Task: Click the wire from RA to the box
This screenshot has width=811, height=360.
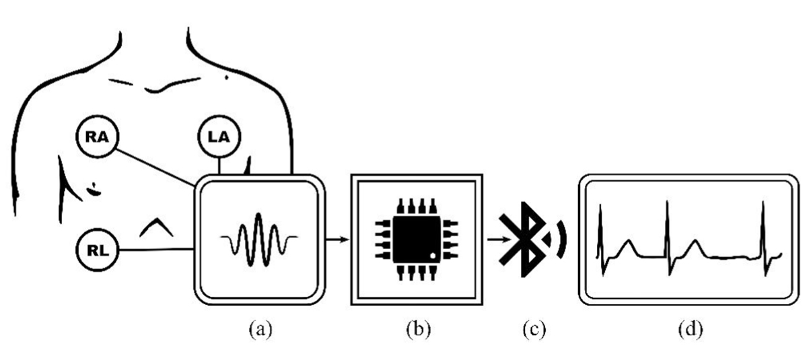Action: coord(155,168)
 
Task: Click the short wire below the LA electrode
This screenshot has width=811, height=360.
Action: coord(219,166)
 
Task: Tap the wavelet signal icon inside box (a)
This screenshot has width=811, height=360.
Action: coord(259,240)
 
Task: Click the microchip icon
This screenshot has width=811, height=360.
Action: coord(417,239)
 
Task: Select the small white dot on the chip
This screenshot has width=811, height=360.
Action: coord(432,256)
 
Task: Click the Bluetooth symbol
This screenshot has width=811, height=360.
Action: coord(522,240)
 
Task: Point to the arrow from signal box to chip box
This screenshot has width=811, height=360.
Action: coord(337,240)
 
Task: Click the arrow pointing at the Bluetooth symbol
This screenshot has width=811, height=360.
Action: coord(499,239)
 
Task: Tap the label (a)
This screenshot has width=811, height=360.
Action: coord(260,329)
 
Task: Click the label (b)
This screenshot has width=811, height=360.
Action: coord(419,329)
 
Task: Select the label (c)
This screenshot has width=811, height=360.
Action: coord(534,329)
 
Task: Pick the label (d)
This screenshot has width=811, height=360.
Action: coord(691,329)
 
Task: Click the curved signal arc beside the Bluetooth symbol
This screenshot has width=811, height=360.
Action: coord(561,240)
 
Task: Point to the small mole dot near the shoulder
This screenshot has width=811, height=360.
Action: coord(227,77)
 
